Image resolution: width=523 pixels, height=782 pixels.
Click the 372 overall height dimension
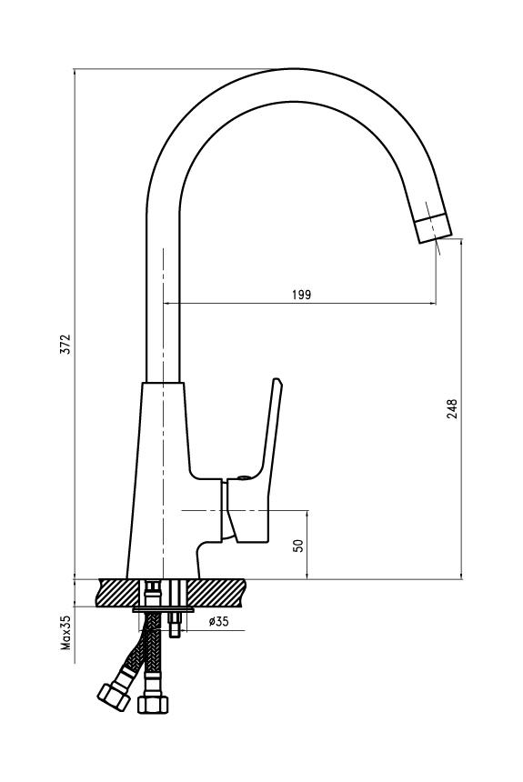pos(65,344)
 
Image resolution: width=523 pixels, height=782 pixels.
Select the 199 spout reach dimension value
pos(301,295)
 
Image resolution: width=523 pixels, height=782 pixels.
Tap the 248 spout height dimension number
pos(452,409)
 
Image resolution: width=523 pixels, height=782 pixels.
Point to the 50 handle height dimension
pos(298,545)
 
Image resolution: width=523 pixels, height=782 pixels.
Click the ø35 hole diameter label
pos(218,621)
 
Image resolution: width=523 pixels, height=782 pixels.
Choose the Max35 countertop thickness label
pos(65,632)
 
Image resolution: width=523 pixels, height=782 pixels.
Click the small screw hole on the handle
pos(243,477)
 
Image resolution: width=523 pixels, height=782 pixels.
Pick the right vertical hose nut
pos(153,704)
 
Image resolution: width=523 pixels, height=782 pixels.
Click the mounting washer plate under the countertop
pos(164,610)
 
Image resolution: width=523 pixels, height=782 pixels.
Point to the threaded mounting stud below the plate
pos(174,625)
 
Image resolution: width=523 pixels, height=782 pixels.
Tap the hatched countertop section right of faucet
pos(217,593)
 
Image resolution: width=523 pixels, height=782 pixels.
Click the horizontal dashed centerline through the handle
pos(245,511)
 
